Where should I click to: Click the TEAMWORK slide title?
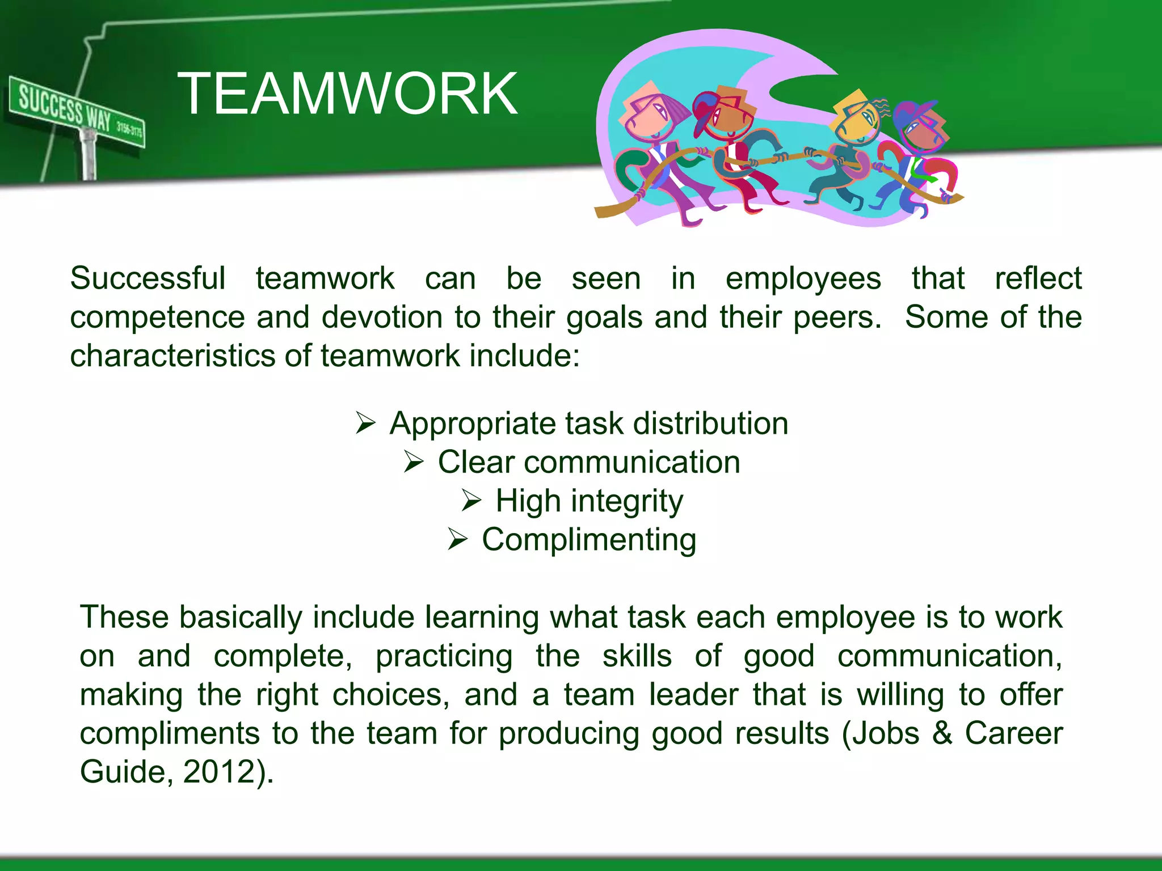click(347, 94)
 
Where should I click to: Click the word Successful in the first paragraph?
click(148, 279)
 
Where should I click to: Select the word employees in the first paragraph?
click(803, 279)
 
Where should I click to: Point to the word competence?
click(157, 318)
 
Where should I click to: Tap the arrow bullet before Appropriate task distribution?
click(365, 423)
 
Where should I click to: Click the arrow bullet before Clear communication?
click(414, 462)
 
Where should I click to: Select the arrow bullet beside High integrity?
click(471, 500)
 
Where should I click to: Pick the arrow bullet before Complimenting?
click(457, 539)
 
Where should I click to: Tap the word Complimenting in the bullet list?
click(589, 540)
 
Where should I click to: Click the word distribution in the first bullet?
click(710, 424)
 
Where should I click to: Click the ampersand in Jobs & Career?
click(942, 733)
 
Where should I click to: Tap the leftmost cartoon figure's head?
click(650, 113)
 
